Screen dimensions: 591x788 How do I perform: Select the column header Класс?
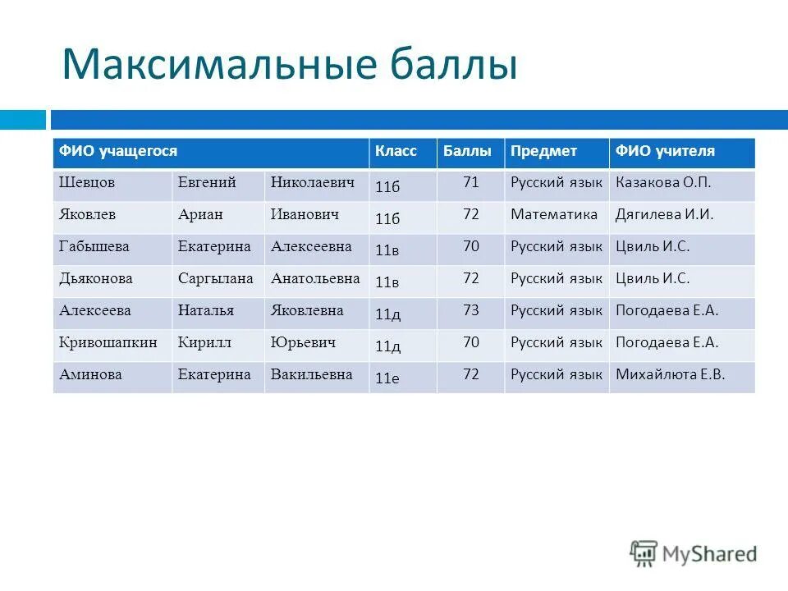click(x=396, y=152)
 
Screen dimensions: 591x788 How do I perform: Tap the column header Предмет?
click(x=543, y=152)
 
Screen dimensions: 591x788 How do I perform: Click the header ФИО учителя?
click(x=665, y=152)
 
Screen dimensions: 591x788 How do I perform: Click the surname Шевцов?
click(x=87, y=183)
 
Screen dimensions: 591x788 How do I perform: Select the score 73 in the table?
click(x=470, y=310)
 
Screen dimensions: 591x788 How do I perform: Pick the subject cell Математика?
click(x=554, y=215)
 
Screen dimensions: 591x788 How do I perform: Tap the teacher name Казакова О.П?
click(x=663, y=183)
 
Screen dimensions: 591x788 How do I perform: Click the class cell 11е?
click(x=387, y=378)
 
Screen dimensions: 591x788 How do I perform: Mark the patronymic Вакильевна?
click(x=312, y=374)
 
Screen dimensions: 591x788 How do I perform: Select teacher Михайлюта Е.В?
click(x=670, y=374)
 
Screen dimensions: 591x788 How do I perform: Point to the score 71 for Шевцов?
click(x=470, y=182)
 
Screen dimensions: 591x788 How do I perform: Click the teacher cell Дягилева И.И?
click(x=664, y=215)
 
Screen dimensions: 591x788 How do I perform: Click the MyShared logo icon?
click(x=644, y=553)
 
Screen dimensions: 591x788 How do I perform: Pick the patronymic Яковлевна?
click(x=307, y=310)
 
